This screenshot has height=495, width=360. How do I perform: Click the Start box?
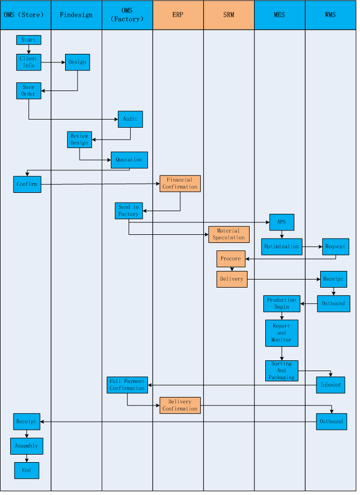point(29,40)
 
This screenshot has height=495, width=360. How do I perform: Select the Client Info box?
point(29,62)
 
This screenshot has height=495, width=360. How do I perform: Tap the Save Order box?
point(29,91)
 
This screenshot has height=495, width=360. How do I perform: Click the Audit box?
point(130,120)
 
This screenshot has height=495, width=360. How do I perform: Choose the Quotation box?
point(129,160)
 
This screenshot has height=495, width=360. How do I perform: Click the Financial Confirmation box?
point(180,184)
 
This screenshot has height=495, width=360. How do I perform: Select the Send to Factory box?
point(129,211)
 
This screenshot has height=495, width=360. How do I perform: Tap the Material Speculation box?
point(229,234)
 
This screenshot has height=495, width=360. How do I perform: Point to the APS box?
point(282,222)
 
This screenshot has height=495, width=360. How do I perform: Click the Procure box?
point(231,259)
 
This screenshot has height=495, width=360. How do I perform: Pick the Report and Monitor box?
point(282,333)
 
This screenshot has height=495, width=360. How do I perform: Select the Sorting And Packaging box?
point(282,371)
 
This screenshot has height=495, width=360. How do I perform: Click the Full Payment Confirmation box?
point(128,385)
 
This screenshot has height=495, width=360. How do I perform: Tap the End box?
point(27,471)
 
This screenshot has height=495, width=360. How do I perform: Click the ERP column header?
point(178,15)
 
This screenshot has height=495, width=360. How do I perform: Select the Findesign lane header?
point(76,15)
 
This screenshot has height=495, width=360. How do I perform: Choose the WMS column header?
point(330,15)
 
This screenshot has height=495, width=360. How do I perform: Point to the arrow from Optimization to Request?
point(312,247)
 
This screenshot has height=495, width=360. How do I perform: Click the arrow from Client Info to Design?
point(53,62)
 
